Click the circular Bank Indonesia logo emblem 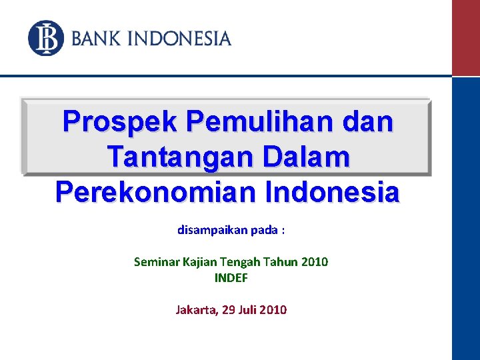coord(45,38)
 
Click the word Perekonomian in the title coord(157,193)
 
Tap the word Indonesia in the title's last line coord(333,193)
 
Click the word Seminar coord(156,262)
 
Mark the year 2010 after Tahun coord(315,262)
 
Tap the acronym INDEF coord(231,278)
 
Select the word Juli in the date coord(245,310)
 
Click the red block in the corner coord(465,37)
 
